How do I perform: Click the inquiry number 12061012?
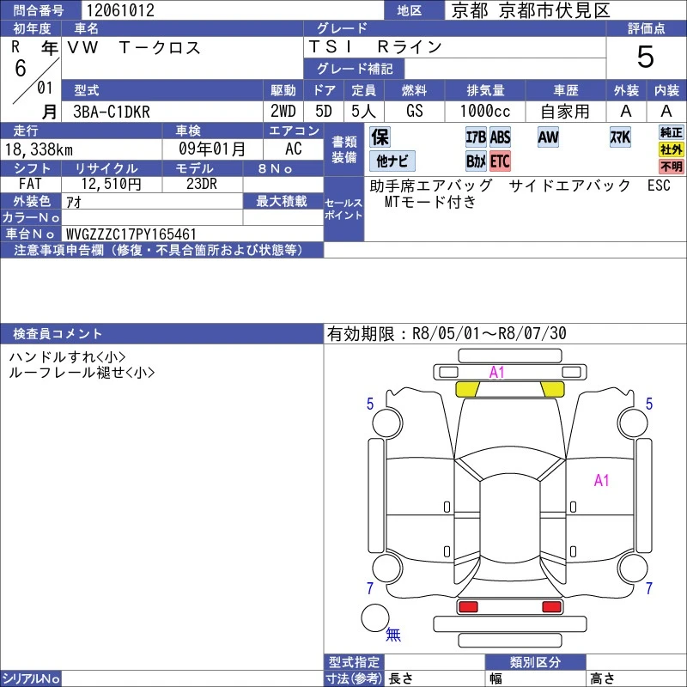[120, 10]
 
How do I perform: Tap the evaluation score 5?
[646, 57]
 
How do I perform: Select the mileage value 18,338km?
[39, 149]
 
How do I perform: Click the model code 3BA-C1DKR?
[112, 112]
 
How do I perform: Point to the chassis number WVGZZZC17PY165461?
[131, 234]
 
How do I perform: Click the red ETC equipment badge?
[500, 161]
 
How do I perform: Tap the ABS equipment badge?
[500, 137]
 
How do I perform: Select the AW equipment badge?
[548, 137]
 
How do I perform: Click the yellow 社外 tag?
[672, 149]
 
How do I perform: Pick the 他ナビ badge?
[392, 161]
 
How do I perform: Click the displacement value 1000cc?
[485, 112]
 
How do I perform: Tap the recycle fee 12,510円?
[112, 184]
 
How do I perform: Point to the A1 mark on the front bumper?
[497, 373]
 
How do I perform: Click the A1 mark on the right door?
[602, 481]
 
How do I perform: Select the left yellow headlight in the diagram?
[467, 389]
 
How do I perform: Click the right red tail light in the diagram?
[551, 607]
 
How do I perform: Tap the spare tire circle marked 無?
[375, 617]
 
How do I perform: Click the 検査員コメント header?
[58, 334]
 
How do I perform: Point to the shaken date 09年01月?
[212, 149]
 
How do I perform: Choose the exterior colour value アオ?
[74, 202]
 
